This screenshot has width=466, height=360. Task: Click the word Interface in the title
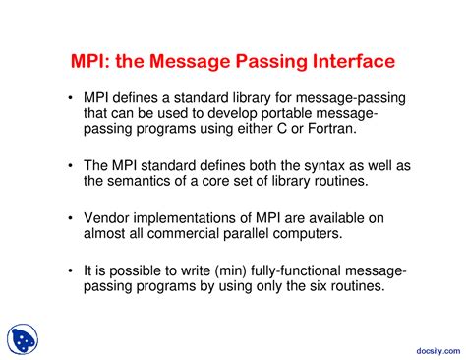[x=346, y=61]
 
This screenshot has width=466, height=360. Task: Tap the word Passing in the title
[x=253, y=61]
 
